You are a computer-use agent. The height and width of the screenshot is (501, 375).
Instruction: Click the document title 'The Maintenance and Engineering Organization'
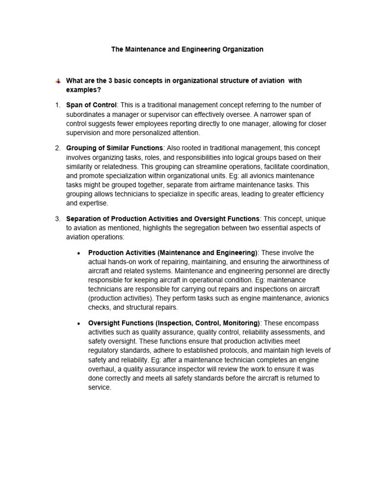pos(187,49)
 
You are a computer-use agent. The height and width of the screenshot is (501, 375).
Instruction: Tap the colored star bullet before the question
pos(58,81)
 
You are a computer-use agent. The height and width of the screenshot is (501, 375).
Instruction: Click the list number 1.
pos(57,105)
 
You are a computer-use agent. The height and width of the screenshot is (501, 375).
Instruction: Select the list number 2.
pos(57,148)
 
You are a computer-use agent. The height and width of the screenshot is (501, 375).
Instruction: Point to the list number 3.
pos(57,218)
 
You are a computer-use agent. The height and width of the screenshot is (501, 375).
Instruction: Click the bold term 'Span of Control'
pos(91,105)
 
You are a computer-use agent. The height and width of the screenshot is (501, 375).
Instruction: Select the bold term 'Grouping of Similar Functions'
pos(115,148)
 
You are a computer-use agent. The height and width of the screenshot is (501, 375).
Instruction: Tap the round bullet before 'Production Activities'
pos(79,253)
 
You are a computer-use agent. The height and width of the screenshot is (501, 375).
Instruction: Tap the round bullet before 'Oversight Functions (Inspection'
pos(79,323)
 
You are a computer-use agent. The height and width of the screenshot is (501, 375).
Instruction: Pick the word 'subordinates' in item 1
pos(86,114)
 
